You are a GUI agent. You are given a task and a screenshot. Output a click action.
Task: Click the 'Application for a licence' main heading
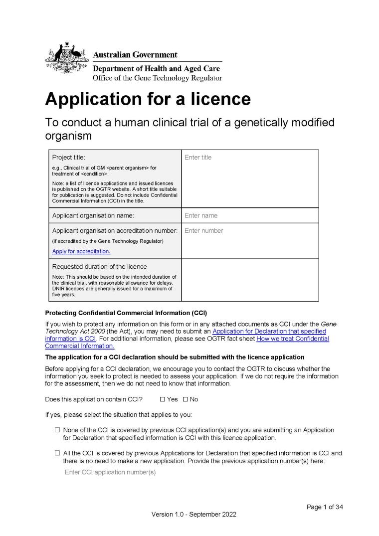pyautogui.click(x=148, y=99)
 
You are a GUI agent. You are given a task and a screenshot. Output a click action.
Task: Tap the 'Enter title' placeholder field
pyautogui.click(x=198, y=158)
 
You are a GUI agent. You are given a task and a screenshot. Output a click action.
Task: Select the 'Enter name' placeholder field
pyautogui.click(x=201, y=216)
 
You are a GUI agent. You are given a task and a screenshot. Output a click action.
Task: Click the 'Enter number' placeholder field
pyautogui.click(x=203, y=231)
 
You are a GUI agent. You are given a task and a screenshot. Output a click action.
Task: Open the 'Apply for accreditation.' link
pyautogui.click(x=81, y=251)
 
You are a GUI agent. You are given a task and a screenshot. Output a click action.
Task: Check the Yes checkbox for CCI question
pyautogui.click(x=163, y=399)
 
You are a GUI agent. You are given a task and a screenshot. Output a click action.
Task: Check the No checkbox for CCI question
pyautogui.click(x=186, y=399)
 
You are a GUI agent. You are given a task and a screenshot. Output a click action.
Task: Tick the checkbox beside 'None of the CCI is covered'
pyautogui.click(x=57, y=430)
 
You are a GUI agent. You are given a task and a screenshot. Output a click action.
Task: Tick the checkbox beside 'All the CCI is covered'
pyautogui.click(x=57, y=453)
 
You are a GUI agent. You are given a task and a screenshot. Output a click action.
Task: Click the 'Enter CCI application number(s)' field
pyautogui.click(x=110, y=472)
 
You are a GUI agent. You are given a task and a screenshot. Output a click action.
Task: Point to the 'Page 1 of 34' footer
pyautogui.click(x=325, y=507)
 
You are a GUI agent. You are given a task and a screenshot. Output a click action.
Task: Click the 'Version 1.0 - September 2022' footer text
pyautogui.click(x=194, y=515)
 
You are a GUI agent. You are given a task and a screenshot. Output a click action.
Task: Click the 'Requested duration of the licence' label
pyautogui.click(x=100, y=266)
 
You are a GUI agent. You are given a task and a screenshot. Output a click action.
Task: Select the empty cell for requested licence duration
pyautogui.click(x=249, y=280)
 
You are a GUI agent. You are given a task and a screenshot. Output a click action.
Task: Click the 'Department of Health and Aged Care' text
pyautogui.click(x=157, y=68)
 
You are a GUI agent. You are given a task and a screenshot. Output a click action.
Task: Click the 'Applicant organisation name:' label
pyautogui.click(x=93, y=216)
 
